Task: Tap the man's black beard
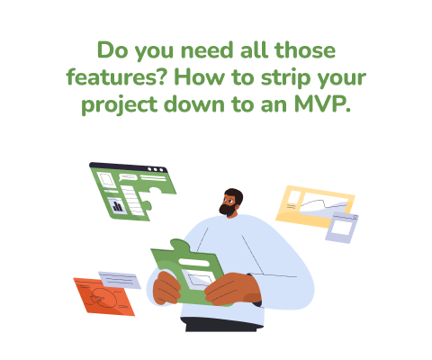click(227, 208)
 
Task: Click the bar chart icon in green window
click(117, 205)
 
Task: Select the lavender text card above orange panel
click(119, 279)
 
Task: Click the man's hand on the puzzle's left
click(166, 291)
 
